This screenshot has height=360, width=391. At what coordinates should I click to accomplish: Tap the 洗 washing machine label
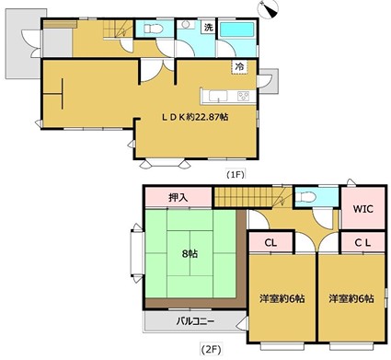coord(208,27)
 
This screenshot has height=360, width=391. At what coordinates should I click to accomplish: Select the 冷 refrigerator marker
coord(239,66)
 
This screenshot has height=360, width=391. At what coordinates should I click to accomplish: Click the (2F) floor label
coord(212,351)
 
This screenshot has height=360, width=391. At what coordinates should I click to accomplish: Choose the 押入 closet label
coord(178,196)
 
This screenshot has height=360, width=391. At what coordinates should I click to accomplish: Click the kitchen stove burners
coord(244,96)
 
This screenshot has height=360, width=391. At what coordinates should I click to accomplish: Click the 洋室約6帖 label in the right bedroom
coord(349,298)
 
